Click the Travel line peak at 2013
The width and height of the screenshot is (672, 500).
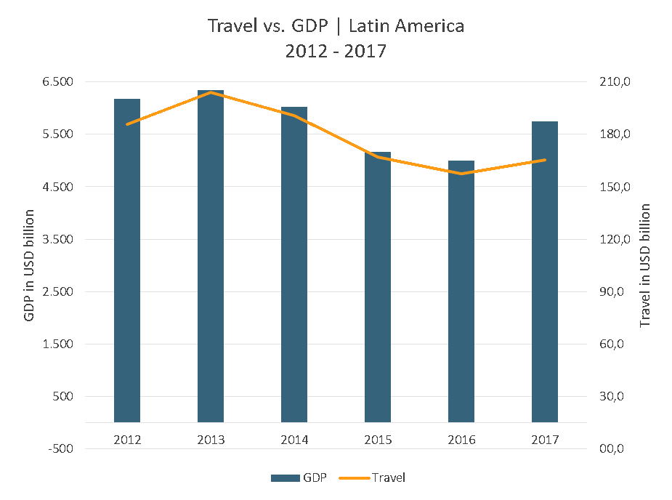211,92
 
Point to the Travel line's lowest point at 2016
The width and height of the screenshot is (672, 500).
461,174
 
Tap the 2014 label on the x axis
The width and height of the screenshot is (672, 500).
294,440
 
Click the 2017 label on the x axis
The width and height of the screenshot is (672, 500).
545,440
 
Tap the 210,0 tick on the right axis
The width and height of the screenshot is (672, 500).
611,82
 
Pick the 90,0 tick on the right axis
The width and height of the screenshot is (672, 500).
611,292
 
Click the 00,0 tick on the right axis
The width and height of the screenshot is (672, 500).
611,449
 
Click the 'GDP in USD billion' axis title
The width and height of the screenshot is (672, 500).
29,265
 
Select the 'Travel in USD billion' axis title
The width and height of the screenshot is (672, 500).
645,265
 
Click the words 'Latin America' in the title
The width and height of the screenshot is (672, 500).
406,26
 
